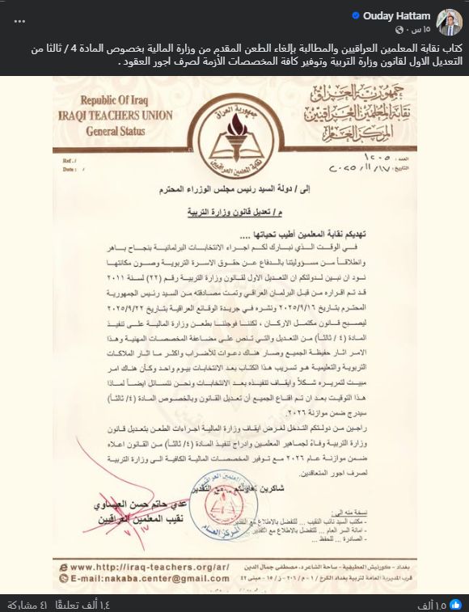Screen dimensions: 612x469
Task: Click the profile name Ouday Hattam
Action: coord(399,15)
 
